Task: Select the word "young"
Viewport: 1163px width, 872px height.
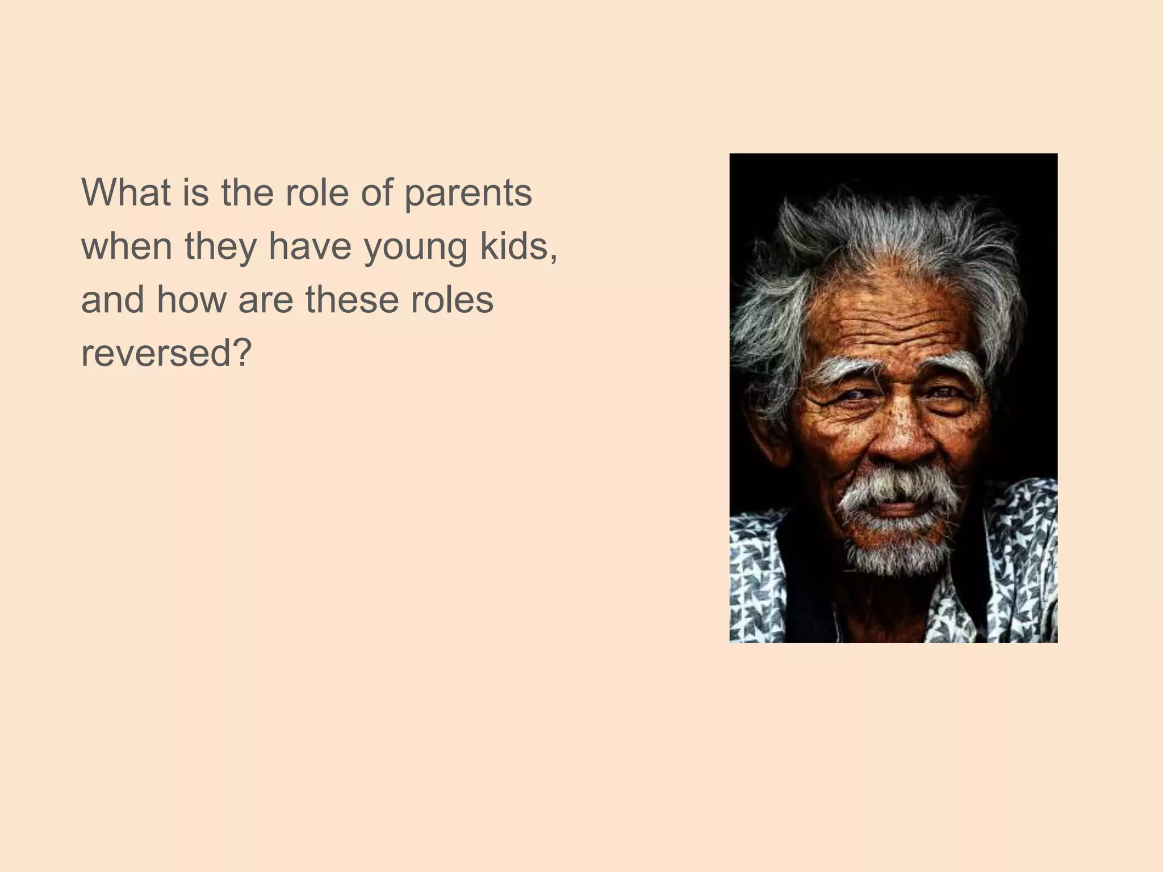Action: [415, 248]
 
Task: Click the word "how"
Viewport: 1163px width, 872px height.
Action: [191, 299]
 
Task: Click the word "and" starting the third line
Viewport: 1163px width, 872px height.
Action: [112, 299]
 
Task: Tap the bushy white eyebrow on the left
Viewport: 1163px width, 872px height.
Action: [840, 367]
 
